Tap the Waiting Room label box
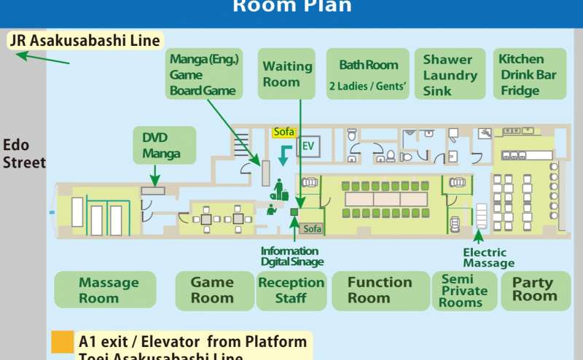pyautogui.click(x=286, y=74)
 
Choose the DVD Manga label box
pyautogui.click(x=165, y=144)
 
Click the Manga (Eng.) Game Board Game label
pyautogui.click(x=203, y=74)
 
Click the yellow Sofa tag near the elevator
pyautogui.click(x=283, y=133)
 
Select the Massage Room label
pyautogui.click(x=106, y=290)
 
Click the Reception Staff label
pyautogui.click(x=291, y=290)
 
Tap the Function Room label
pyautogui.click(x=379, y=290)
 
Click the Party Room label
pyautogui.click(x=534, y=290)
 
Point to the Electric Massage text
pyautogui.click(x=488, y=258)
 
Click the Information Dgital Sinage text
pyautogui.click(x=291, y=257)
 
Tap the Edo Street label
pyautogui.click(x=23, y=154)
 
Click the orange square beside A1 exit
pyautogui.click(x=63, y=343)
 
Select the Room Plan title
pyautogui.click(x=291, y=7)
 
